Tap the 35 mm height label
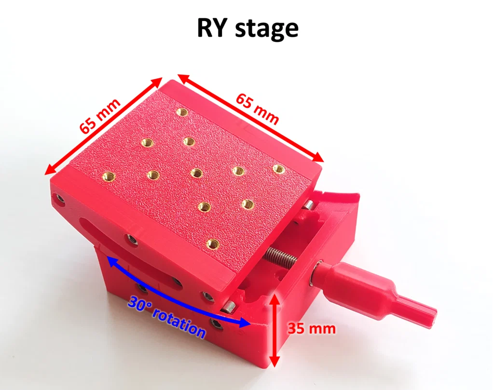312,329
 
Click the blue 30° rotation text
166,317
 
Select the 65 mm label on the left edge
99,115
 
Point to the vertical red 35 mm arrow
274,330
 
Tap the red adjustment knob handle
375,291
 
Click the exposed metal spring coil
279,256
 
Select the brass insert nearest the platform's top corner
182,112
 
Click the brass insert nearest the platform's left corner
109,175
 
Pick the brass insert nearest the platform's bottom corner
213,243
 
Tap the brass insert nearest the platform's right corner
278,169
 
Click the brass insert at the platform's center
196,173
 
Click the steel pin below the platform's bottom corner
229,307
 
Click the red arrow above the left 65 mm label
103,126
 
